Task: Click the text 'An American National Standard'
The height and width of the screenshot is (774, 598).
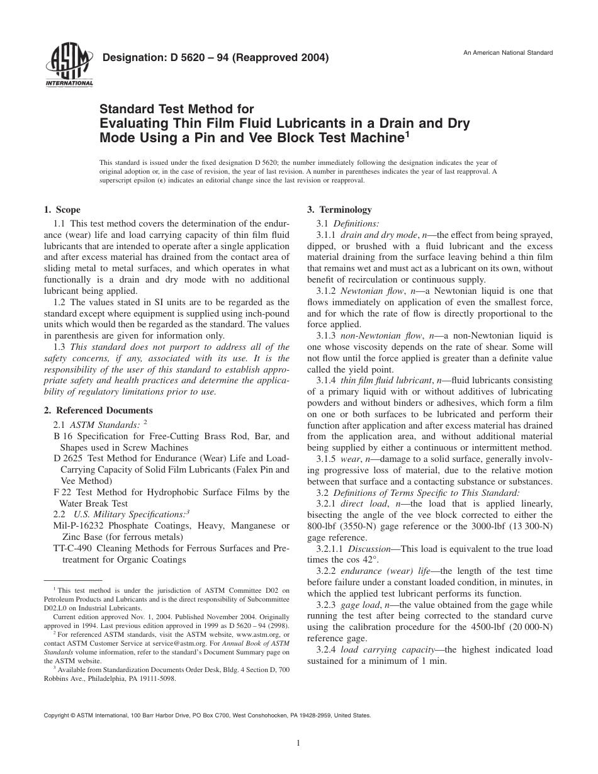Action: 508,52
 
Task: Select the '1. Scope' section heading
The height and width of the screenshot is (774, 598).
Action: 62,210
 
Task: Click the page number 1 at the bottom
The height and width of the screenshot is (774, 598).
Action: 298,743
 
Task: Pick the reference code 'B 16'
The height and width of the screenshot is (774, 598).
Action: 62,435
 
